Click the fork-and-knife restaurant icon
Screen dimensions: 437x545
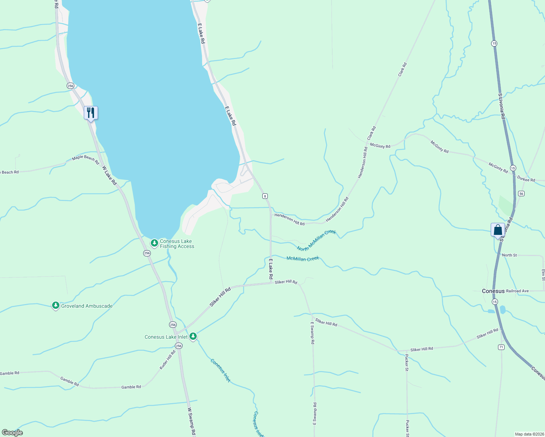[x=91, y=113]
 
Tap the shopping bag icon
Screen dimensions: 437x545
[x=498, y=230]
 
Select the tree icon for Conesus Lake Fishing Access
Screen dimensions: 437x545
[x=154, y=243]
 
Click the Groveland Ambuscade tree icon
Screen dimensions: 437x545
[x=55, y=306]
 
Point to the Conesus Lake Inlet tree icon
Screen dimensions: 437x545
[x=193, y=336]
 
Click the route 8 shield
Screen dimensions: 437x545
[x=265, y=196]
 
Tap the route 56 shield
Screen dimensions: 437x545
[x=521, y=193]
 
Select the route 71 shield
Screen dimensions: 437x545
[x=501, y=347]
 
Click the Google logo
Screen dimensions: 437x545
[x=12, y=433]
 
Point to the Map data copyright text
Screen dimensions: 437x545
[x=529, y=434]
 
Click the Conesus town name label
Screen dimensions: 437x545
[x=493, y=291]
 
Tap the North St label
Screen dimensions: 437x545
[x=509, y=255]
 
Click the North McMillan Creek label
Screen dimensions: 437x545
[x=316, y=240]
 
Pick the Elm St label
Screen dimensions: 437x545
[x=543, y=275]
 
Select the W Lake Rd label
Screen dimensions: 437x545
[x=109, y=176]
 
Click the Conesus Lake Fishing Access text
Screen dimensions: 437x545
[x=177, y=244]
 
